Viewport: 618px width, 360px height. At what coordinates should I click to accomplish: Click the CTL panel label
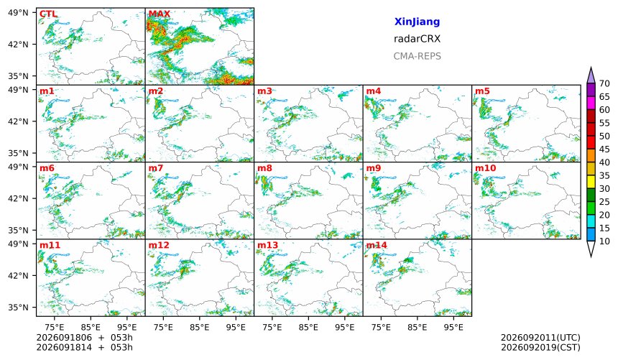(x=48, y=14)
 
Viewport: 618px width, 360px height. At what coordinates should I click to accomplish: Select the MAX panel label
(x=160, y=14)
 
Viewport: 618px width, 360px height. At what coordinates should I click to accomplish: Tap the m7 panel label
(x=156, y=168)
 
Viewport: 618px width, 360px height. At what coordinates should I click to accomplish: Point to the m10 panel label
(x=486, y=168)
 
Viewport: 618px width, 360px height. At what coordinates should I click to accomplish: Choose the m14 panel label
(x=377, y=245)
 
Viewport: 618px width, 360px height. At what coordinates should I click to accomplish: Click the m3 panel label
(x=264, y=91)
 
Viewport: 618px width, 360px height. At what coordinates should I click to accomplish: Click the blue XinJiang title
(x=417, y=22)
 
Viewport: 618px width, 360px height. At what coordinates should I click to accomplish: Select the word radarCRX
(x=417, y=39)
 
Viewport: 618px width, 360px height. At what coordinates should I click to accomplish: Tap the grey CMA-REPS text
(x=417, y=56)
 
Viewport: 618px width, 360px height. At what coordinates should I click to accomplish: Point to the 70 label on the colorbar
(x=604, y=83)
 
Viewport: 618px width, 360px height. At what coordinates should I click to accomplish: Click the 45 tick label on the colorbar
(x=604, y=149)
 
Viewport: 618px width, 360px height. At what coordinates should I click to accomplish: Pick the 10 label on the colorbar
(x=604, y=241)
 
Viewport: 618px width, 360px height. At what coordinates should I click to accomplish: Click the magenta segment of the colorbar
(x=591, y=103)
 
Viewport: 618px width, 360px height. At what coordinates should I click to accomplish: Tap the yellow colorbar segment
(x=591, y=183)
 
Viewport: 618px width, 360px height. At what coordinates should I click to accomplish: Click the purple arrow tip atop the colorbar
(x=591, y=68)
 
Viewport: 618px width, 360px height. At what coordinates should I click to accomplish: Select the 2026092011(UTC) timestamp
(x=540, y=338)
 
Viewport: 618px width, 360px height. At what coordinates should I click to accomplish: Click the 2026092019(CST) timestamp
(x=540, y=347)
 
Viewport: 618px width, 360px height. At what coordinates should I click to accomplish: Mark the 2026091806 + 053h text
(x=84, y=338)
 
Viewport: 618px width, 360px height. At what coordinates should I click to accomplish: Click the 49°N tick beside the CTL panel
(x=18, y=13)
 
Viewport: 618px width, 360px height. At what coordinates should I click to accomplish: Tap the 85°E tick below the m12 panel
(x=200, y=327)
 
